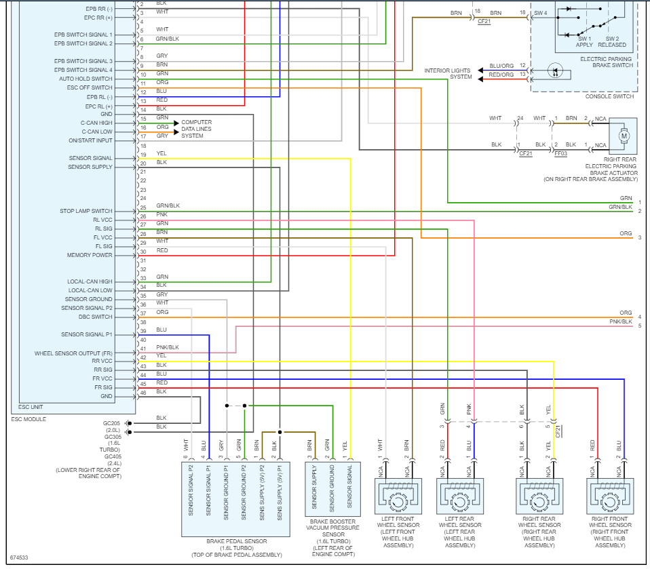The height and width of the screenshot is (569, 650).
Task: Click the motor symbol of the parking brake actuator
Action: [x=623, y=136]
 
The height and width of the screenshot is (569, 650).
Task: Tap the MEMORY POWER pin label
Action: [x=90, y=256]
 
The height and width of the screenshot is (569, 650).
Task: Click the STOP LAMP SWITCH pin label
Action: [x=86, y=212]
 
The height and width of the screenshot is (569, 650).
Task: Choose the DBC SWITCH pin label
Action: [x=94, y=317]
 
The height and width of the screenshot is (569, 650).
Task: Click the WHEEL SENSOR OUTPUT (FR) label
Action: [x=74, y=353]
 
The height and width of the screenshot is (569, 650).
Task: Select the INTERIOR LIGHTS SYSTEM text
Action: [x=448, y=74]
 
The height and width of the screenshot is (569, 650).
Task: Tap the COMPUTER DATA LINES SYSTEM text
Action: [x=196, y=129]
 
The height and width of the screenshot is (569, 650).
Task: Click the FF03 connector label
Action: [x=561, y=154]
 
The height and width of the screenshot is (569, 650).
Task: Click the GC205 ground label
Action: [x=113, y=423]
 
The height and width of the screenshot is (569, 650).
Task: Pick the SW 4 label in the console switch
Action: [x=541, y=13]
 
